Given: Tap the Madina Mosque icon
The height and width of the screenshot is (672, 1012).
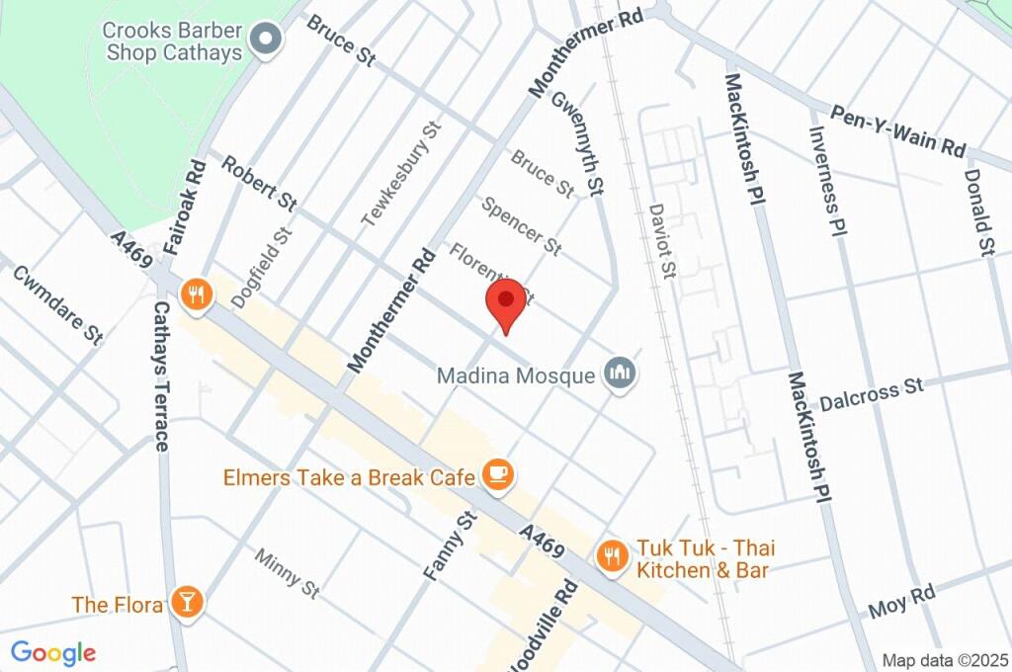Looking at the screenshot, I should [622, 374].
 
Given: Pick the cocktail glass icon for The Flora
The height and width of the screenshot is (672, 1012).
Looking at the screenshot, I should [185, 601].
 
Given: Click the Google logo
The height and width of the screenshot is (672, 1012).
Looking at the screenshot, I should [52, 653].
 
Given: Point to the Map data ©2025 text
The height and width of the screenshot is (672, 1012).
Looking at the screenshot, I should [945, 660].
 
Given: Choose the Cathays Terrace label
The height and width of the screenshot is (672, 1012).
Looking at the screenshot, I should [161, 376].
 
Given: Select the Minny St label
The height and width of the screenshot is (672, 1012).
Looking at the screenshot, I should [287, 574].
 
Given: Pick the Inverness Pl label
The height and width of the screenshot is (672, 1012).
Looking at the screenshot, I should [829, 178].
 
